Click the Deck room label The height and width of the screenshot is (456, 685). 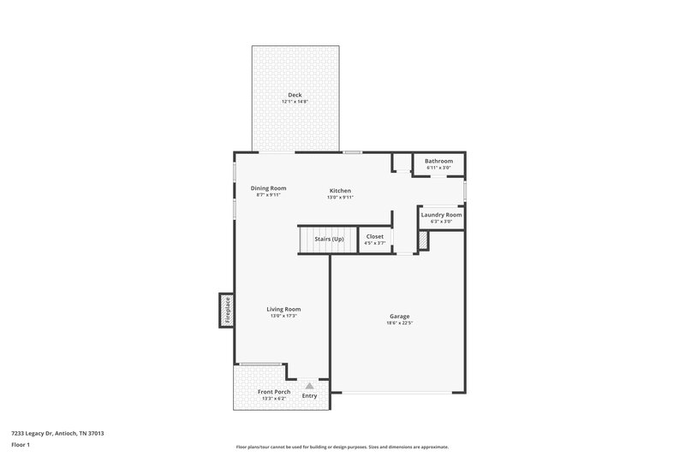295,95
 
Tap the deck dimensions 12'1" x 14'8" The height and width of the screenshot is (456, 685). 295,102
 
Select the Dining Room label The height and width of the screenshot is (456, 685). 268,188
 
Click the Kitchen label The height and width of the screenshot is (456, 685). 340,191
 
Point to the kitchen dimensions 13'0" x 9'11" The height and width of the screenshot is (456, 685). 340,198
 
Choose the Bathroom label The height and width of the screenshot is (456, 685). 438,161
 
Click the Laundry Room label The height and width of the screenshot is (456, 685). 441,215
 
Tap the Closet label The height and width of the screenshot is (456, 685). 375,237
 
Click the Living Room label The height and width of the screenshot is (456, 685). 283,309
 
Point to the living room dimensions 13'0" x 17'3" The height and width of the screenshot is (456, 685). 283,316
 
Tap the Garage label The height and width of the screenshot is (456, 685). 398,316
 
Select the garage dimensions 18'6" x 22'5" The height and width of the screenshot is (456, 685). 398,323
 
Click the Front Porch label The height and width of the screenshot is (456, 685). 275,392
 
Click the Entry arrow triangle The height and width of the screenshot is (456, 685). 310,386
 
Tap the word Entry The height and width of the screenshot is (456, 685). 310,395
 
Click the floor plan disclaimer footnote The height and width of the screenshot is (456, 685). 342,447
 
